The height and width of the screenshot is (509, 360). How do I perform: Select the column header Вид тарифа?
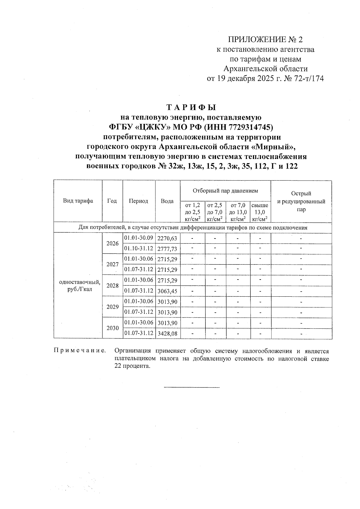click(x=78, y=201)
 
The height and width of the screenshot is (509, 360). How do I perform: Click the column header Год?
click(x=112, y=201)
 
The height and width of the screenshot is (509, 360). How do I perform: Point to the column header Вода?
click(x=167, y=201)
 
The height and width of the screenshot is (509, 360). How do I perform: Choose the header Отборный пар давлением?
click(x=225, y=190)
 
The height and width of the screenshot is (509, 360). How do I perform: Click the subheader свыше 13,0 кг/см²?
click(x=260, y=212)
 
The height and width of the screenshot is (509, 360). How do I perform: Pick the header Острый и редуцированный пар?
click(x=301, y=201)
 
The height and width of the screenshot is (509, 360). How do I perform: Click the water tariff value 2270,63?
click(x=167, y=239)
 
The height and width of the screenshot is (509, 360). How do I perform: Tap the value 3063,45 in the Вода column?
click(x=167, y=291)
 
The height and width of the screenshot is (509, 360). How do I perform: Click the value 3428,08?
click(x=167, y=333)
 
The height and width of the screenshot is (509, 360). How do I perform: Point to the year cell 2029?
click(x=112, y=307)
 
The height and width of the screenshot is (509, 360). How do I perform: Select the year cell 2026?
click(x=112, y=244)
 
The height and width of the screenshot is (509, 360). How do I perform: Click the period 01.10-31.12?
click(x=139, y=249)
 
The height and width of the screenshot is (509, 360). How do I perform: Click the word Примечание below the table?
click(x=80, y=351)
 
